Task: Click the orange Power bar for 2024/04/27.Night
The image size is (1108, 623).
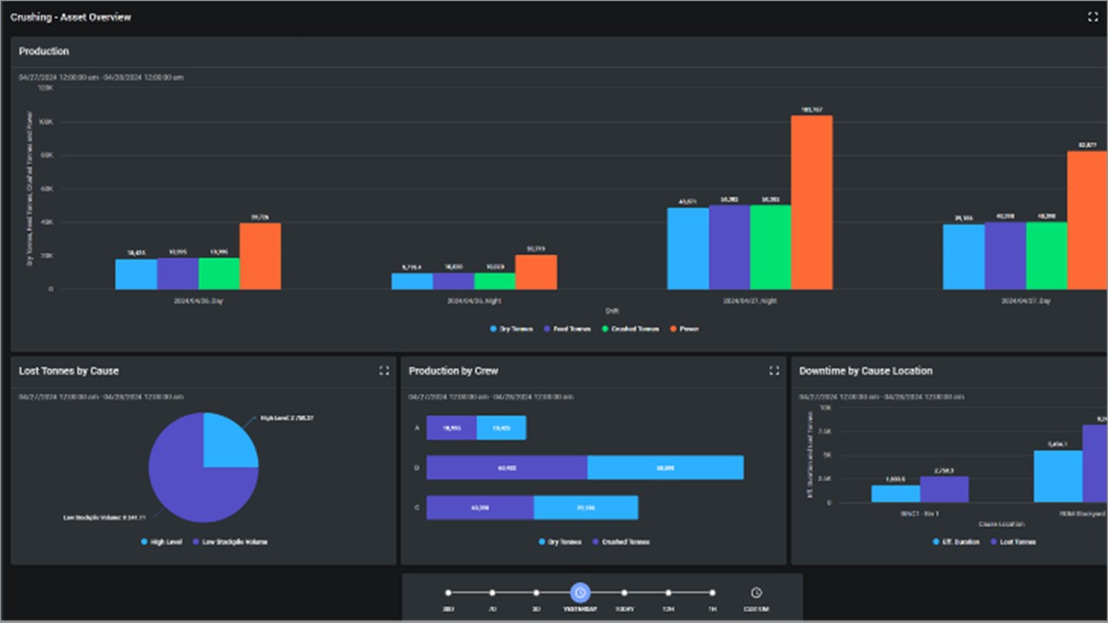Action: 811,202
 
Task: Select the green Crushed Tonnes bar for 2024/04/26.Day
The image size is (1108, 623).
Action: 219,273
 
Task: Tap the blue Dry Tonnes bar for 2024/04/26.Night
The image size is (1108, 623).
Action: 412,281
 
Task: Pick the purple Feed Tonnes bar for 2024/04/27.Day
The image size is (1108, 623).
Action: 1005,256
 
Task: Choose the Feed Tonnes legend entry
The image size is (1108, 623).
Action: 567,329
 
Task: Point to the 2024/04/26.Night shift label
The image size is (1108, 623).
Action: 473,301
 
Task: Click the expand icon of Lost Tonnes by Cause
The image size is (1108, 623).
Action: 384,370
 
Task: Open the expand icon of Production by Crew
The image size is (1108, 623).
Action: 774,370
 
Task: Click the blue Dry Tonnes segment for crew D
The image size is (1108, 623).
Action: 665,467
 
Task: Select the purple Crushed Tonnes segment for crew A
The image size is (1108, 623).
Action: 451,427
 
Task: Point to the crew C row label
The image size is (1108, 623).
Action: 416,508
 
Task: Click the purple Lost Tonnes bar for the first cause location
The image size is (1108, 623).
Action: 944,490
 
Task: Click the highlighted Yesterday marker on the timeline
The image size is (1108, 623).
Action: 580,594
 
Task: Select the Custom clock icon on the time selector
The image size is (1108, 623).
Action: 756,594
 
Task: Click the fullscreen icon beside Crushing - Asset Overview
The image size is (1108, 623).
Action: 1092,17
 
